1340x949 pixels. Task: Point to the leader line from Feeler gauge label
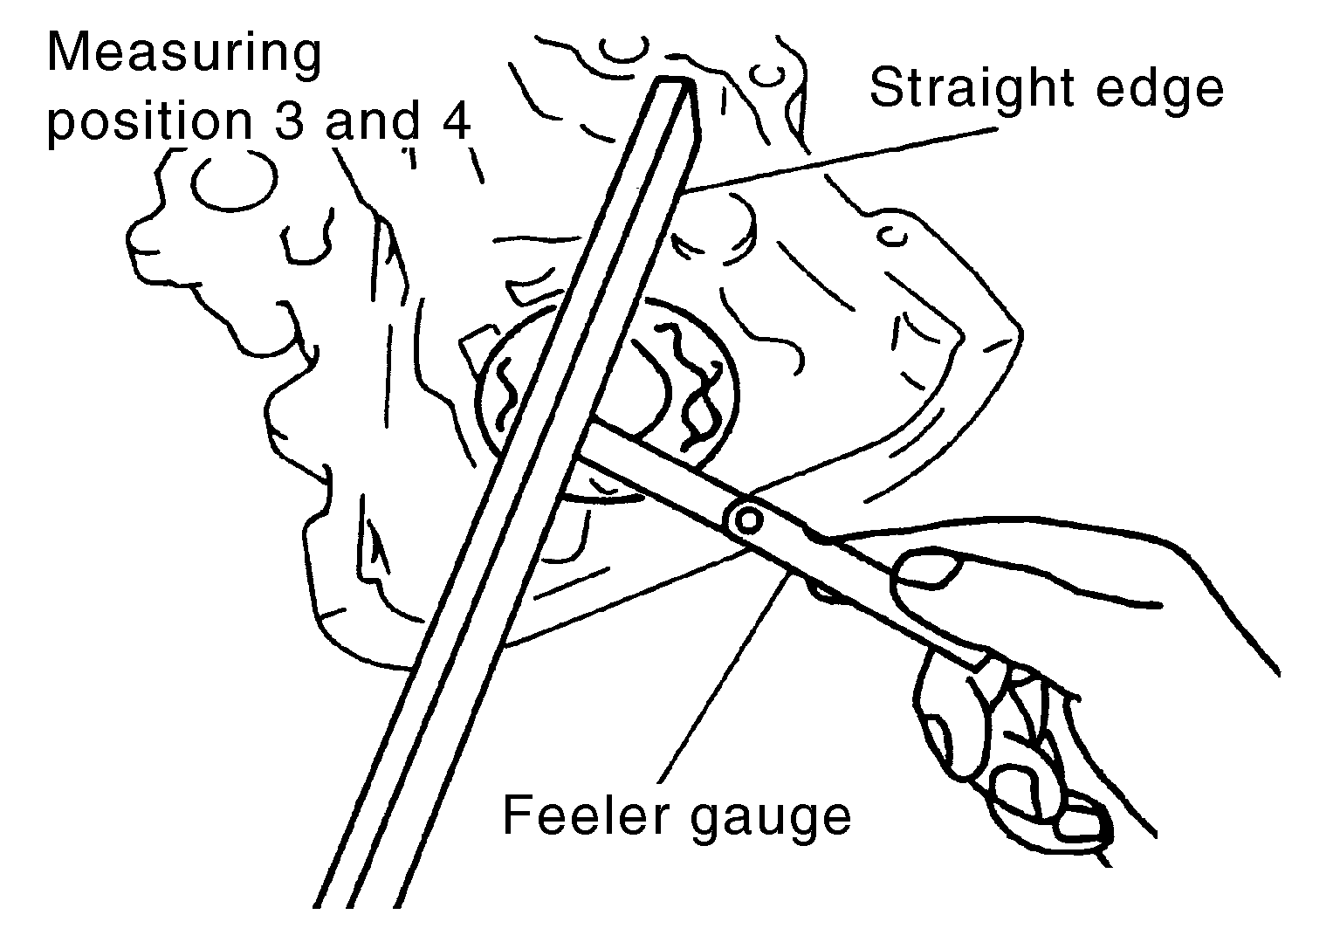[724, 678]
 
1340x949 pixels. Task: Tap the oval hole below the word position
[235, 180]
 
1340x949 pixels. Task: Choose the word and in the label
[372, 122]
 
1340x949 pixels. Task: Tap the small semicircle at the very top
[623, 51]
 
